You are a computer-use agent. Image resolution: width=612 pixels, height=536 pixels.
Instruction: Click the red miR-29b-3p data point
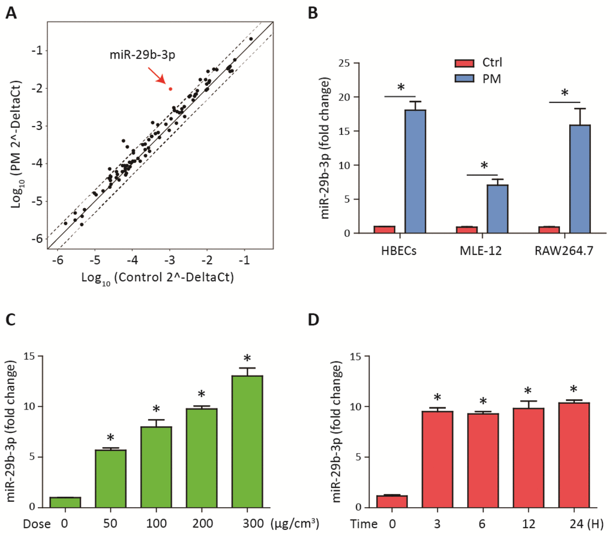170,89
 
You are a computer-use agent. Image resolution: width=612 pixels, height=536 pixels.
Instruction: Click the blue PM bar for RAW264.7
580,179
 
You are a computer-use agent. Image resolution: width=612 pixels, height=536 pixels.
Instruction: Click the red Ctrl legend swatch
463,63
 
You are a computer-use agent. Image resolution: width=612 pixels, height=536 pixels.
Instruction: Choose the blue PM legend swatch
463,79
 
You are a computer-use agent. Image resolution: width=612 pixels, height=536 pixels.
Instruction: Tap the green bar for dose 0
66,502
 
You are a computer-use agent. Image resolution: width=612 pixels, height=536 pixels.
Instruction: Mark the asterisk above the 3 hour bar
438,398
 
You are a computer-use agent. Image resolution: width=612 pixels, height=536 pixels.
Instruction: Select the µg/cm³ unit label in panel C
295,523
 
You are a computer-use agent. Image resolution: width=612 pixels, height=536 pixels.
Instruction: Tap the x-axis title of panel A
160,276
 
